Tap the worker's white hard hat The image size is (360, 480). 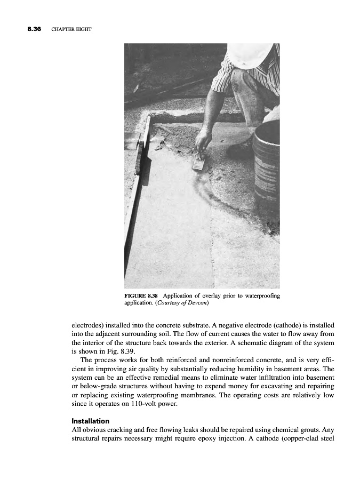click(250, 55)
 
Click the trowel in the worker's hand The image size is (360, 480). click(198, 162)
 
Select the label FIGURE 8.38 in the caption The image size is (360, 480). click(141, 295)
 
